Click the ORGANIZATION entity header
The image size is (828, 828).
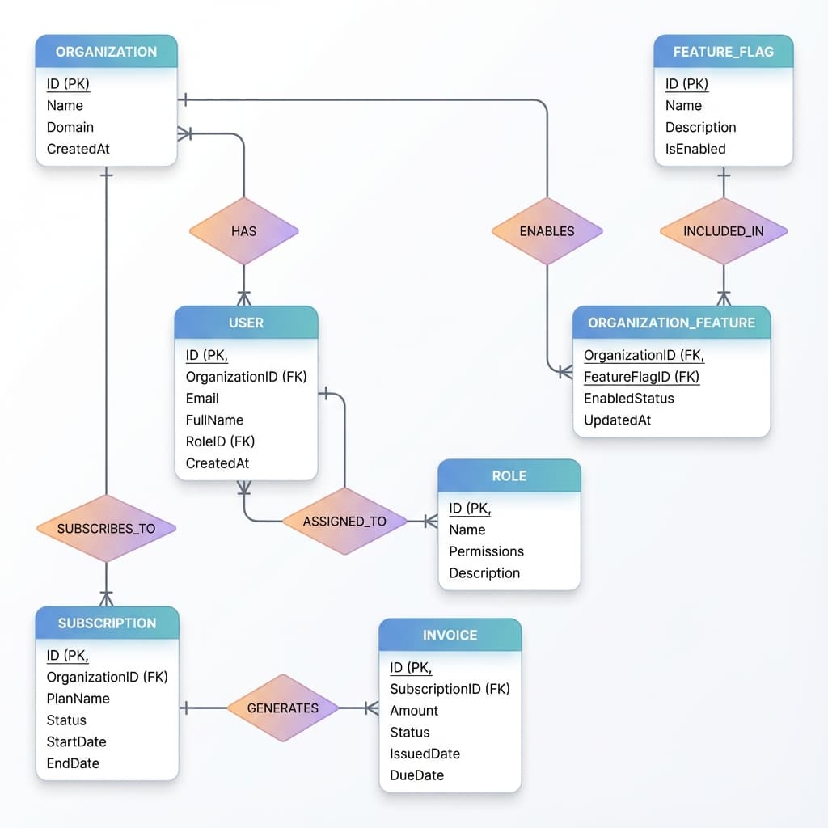106,52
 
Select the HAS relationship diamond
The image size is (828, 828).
243,231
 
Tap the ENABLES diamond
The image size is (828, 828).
547,231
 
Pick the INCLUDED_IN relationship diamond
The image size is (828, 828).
723,231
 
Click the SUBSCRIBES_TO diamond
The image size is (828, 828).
106,529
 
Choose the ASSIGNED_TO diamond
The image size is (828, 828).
344,522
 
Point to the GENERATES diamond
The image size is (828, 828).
282,708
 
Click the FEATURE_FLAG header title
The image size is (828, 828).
723,52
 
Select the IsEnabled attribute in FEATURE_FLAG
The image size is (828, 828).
695,149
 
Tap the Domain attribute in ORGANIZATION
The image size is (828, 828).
70,127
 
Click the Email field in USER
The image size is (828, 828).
202,399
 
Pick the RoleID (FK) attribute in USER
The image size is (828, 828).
220,441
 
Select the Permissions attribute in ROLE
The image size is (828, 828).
486,551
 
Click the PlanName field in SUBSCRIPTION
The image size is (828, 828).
78,699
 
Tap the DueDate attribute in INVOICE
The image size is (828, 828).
416,775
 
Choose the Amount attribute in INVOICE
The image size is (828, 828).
414,711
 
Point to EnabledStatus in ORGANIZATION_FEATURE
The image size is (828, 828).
628,399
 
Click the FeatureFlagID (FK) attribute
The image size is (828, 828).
641,377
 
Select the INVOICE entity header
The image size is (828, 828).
450,636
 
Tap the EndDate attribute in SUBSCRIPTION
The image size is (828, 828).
73,763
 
